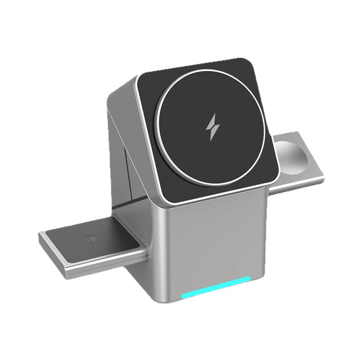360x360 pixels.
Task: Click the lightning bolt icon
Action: (213, 126)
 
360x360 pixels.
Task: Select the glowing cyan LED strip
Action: (216, 296)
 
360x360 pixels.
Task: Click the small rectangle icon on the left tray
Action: (93, 237)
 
